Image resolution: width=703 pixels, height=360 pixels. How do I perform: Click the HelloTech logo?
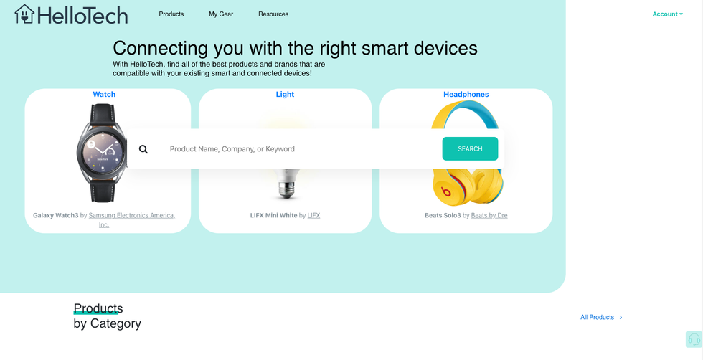click(x=71, y=14)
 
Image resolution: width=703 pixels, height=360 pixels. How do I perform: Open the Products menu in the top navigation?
click(x=171, y=14)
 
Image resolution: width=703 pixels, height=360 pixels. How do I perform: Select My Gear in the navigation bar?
click(x=221, y=14)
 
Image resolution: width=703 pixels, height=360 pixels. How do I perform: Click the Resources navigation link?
click(x=273, y=14)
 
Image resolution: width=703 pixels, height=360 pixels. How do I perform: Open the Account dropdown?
click(x=667, y=14)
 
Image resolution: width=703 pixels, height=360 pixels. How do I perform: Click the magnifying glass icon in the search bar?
click(x=143, y=149)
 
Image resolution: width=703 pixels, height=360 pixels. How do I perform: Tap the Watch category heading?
click(x=104, y=95)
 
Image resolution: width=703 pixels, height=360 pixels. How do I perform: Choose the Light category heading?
click(x=285, y=95)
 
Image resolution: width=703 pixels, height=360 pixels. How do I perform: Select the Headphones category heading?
click(x=466, y=95)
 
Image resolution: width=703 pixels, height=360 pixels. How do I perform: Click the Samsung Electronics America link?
click(x=131, y=215)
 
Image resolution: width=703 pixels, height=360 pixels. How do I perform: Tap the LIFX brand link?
click(x=313, y=215)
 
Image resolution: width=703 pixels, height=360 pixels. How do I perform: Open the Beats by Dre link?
click(x=489, y=215)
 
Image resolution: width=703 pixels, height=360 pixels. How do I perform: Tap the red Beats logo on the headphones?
click(x=446, y=191)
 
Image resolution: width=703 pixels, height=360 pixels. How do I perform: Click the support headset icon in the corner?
click(x=694, y=339)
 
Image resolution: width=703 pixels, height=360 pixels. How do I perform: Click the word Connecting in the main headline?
click(x=161, y=48)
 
